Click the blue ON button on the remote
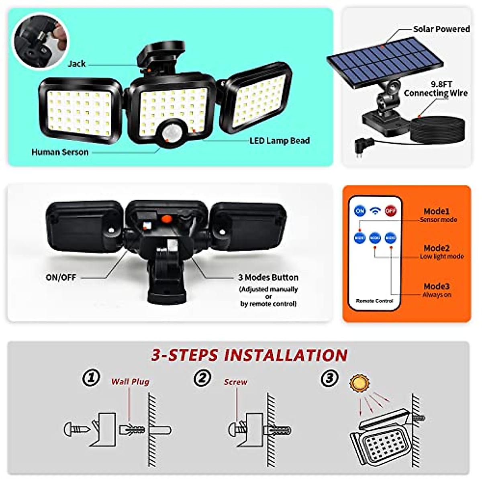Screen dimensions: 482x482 [x=360, y=210]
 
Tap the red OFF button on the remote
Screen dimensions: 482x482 [x=390, y=210]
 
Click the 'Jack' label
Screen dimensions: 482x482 [x=76, y=63]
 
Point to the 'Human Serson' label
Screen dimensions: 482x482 [x=60, y=152]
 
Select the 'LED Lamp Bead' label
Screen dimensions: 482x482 [x=280, y=141]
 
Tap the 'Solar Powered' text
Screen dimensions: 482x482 [x=441, y=29]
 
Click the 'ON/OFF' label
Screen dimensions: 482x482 [x=61, y=277]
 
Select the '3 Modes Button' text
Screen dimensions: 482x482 [x=268, y=277]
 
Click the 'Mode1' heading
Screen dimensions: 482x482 [x=437, y=211]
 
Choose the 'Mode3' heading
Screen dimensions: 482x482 [x=437, y=286]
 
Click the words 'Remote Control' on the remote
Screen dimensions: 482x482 [x=374, y=301]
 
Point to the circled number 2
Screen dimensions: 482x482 [x=202, y=378]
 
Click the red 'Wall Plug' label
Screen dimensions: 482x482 [x=130, y=382]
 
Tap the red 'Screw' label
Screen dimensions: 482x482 [x=235, y=382]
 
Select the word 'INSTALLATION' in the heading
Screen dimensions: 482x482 [x=286, y=355]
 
